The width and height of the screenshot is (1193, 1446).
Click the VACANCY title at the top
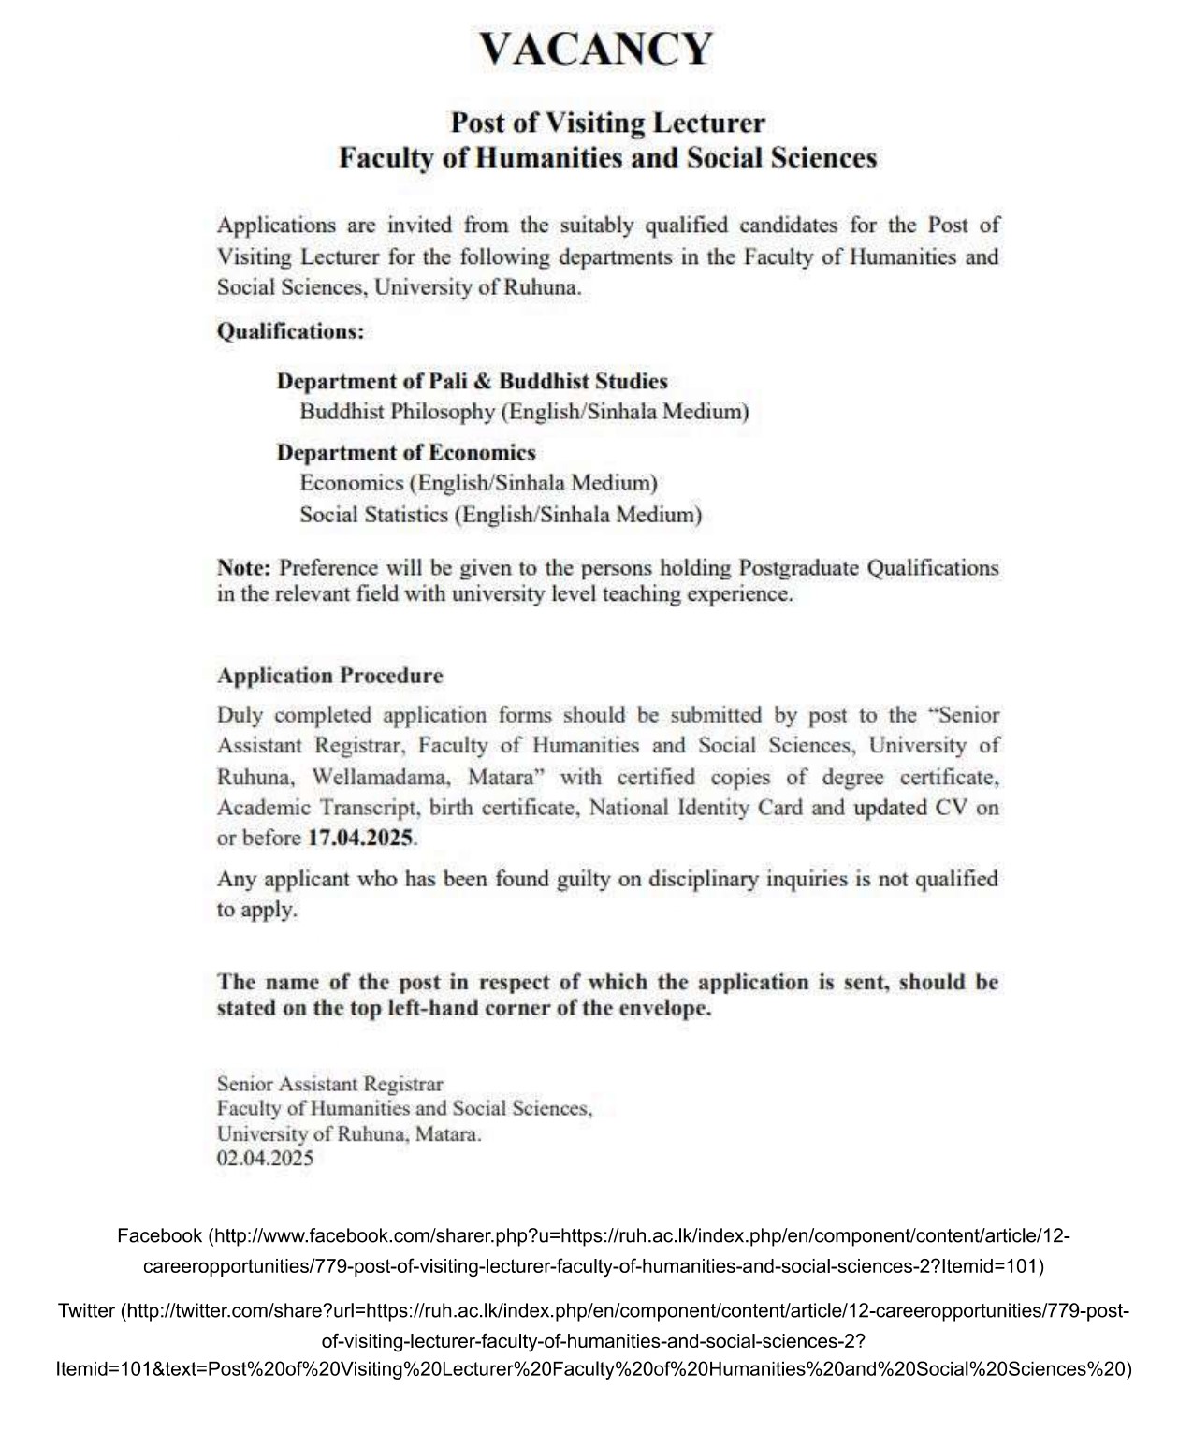point(596,49)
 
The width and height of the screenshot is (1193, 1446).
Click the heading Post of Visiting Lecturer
point(607,123)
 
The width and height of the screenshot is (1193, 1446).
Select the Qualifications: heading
point(290,331)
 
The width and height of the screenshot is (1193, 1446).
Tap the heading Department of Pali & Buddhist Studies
point(472,381)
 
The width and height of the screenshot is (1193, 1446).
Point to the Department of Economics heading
point(406,453)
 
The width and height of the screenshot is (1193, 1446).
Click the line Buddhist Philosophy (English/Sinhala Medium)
point(524,412)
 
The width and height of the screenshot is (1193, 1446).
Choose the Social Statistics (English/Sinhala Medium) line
point(501,515)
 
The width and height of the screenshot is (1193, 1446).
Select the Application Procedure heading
point(329,676)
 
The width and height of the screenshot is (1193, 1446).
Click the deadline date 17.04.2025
point(360,838)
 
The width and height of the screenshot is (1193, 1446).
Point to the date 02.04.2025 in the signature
point(265,1159)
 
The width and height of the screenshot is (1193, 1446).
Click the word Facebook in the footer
point(159,1236)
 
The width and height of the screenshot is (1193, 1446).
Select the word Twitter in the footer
point(86,1311)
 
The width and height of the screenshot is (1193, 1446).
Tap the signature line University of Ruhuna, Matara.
point(349,1133)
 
